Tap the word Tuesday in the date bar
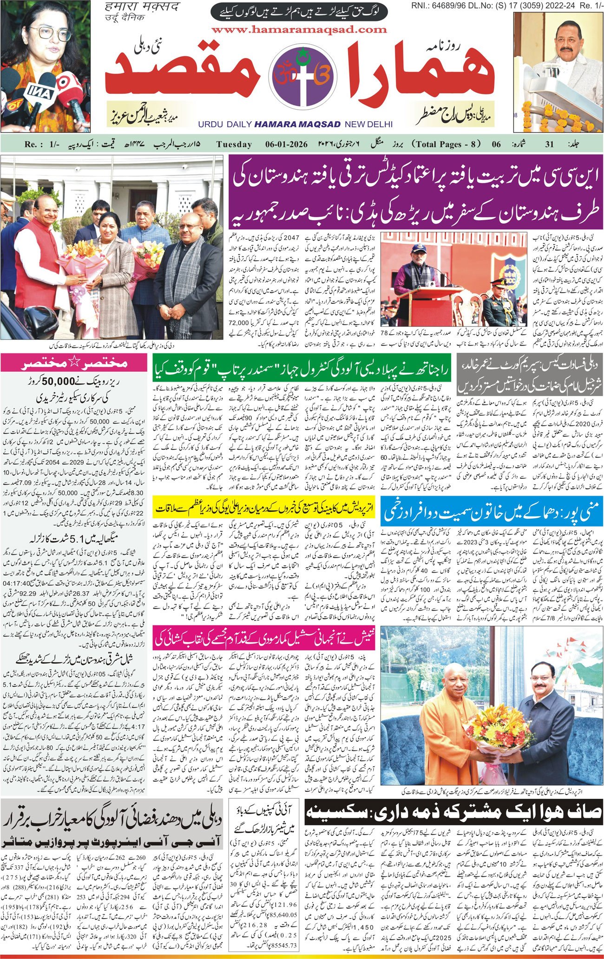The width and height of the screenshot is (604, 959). pyautogui.click(x=234, y=144)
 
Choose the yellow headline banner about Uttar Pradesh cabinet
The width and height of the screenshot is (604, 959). pyautogui.click(x=264, y=508)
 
